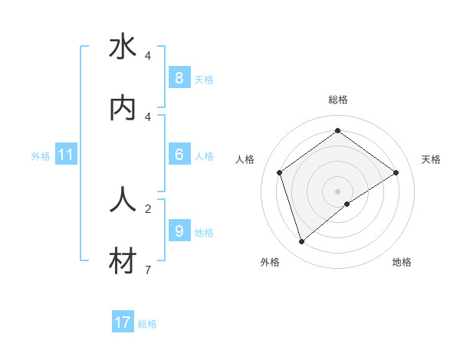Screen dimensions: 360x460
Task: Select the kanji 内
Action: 123,108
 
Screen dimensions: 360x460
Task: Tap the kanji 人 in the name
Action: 123,198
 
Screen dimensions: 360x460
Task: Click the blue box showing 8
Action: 179,77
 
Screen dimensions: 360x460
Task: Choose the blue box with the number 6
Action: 179,155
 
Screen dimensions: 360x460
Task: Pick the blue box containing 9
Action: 179,231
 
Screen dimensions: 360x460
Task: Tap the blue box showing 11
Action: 66,155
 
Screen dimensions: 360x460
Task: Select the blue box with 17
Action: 123,322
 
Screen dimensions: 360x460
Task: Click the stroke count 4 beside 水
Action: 148,56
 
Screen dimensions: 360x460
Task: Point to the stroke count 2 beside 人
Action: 148,208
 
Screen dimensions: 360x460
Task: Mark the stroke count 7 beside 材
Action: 148,270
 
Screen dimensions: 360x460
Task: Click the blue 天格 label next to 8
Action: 204,79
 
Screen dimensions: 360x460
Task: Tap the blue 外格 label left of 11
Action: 41,155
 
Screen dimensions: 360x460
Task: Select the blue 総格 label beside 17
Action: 147,324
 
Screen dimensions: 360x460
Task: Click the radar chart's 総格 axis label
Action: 338,100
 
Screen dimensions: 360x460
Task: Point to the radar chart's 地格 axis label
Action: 402,262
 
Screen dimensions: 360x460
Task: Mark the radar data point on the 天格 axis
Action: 396,173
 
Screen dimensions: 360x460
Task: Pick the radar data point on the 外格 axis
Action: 302,242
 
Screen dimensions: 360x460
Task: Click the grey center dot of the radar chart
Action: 338,191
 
